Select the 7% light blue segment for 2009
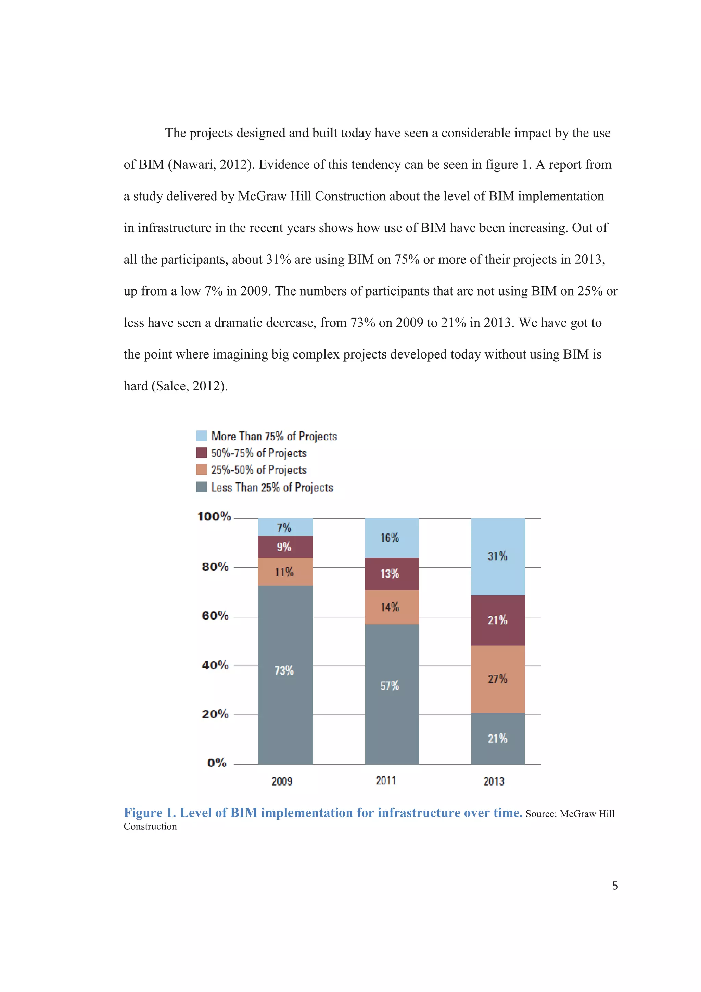point(285,527)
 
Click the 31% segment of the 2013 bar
point(498,556)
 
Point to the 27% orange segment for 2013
point(498,679)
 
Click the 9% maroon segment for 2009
point(285,547)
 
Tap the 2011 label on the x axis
point(386,781)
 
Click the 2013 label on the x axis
point(494,781)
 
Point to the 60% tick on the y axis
point(215,616)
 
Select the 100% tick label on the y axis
point(214,517)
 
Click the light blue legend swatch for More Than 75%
point(201,436)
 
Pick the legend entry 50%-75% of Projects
point(259,453)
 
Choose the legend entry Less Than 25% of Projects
point(272,487)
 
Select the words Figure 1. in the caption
point(150,813)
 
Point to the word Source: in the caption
point(541,814)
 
